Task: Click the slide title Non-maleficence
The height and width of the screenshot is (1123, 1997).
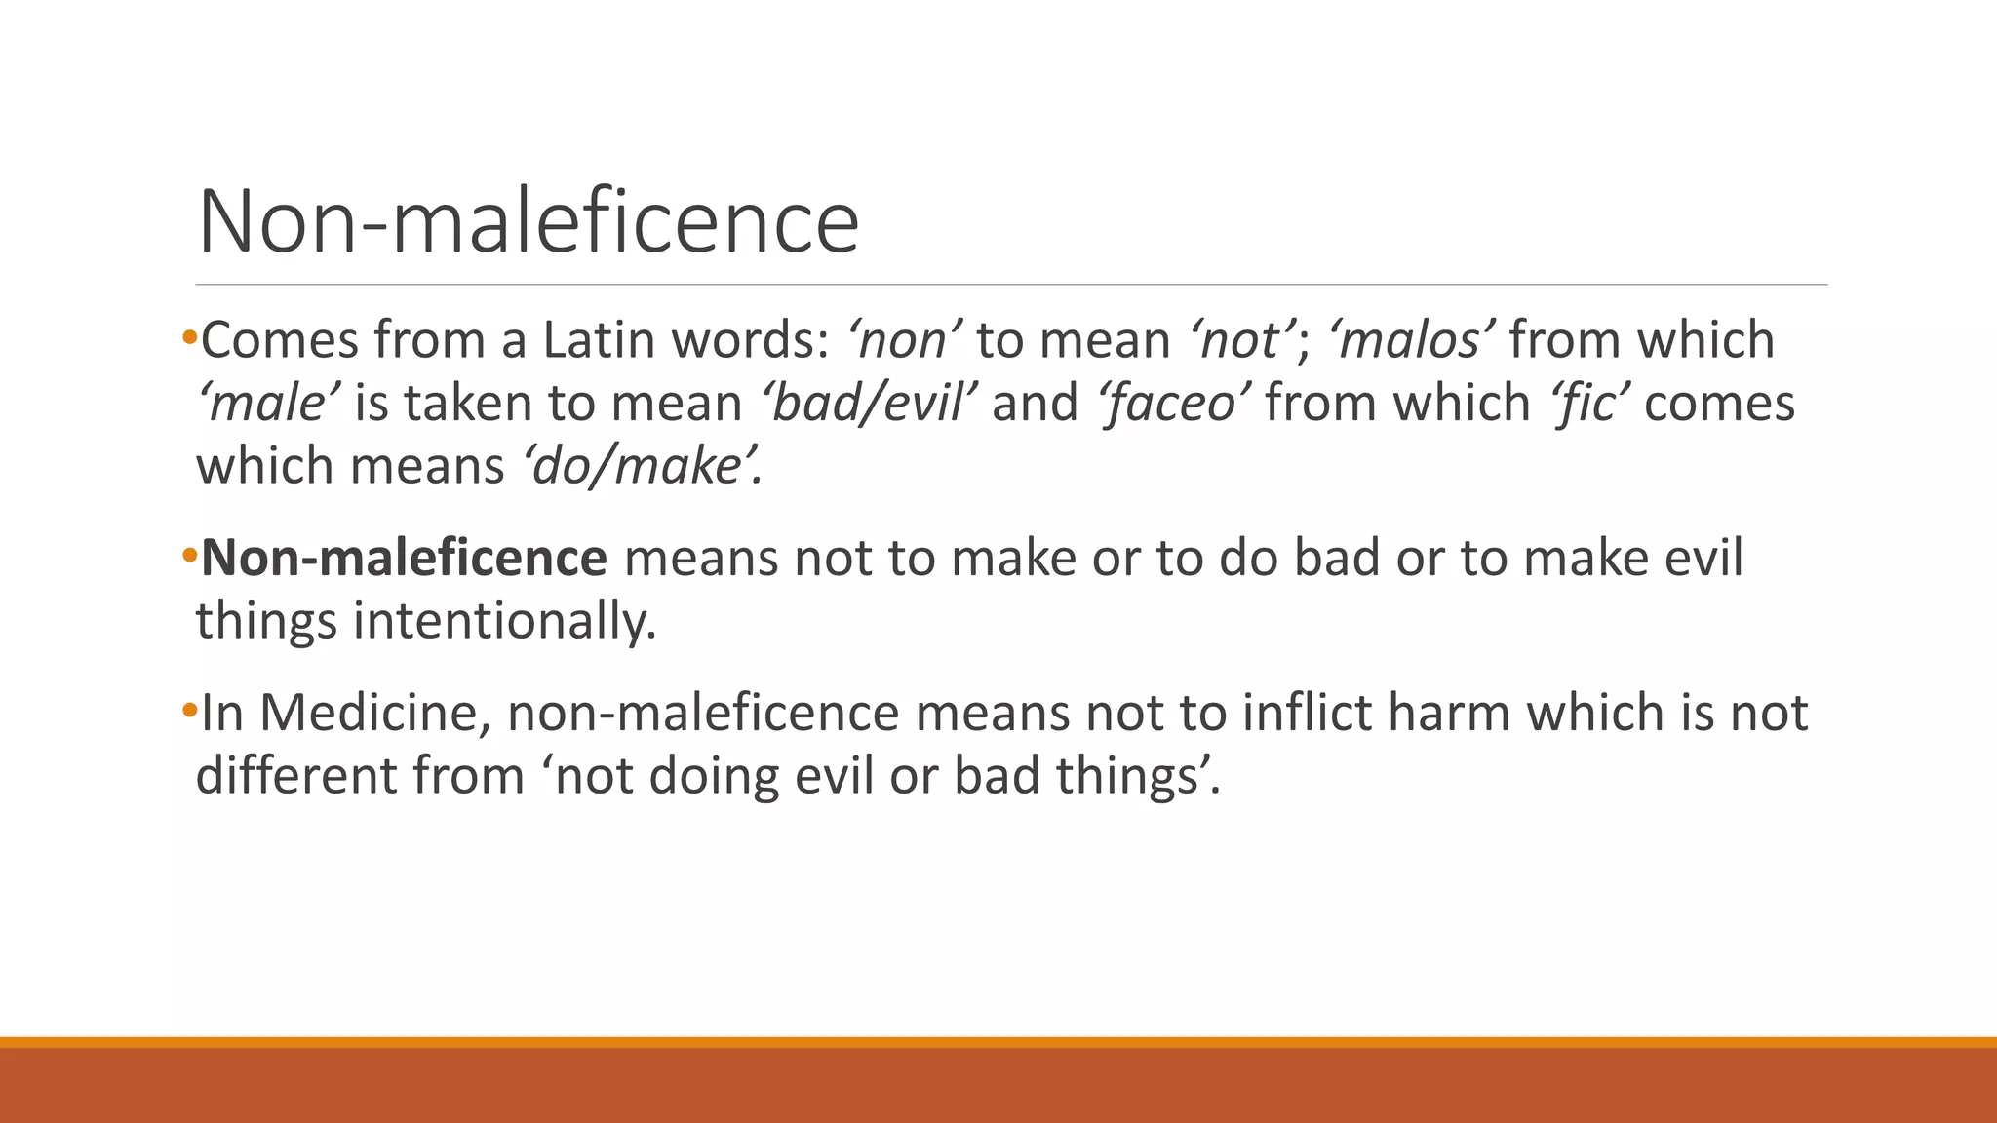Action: (528, 221)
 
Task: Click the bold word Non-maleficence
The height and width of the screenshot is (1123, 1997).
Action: (404, 558)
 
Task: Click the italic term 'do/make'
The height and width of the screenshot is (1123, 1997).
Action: (642, 465)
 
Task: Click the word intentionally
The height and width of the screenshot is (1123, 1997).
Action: (504, 621)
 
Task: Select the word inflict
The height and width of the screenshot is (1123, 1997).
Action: (1307, 713)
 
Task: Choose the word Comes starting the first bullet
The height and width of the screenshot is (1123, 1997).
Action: (279, 340)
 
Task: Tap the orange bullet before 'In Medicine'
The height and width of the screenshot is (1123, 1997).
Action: (189, 709)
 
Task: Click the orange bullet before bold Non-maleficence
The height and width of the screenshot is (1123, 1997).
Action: (189, 555)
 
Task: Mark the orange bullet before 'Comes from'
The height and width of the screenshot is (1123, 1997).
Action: (189, 337)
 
